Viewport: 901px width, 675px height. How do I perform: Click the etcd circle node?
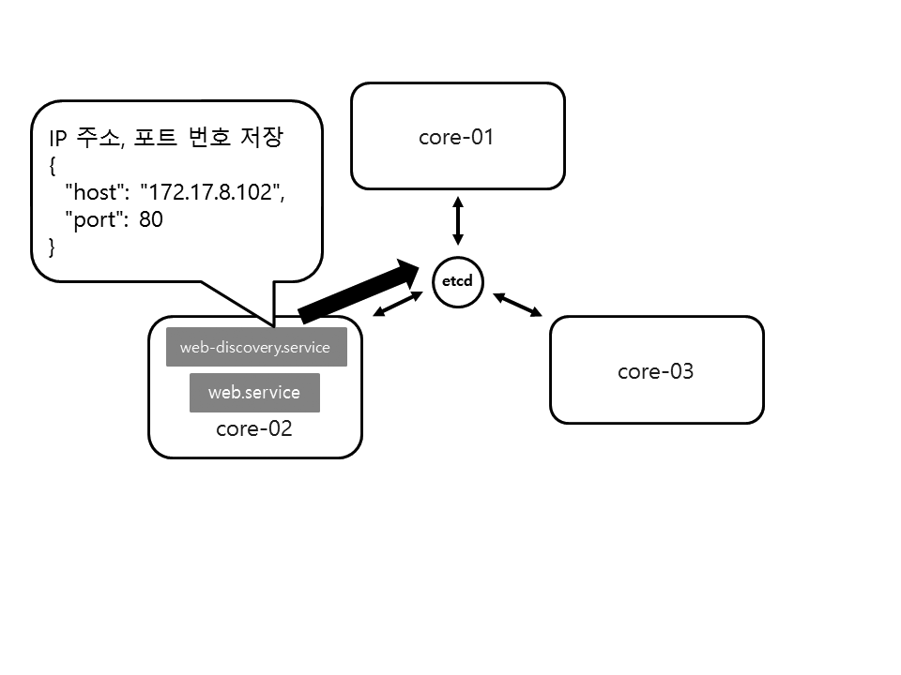[x=458, y=280]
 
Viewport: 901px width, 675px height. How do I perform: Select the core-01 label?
[x=456, y=138]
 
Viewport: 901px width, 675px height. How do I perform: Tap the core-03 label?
[x=655, y=371]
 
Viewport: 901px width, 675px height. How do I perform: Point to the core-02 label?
[x=254, y=429]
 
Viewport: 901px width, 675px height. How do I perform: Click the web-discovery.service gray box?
[x=255, y=347]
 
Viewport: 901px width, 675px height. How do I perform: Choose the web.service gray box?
[x=254, y=392]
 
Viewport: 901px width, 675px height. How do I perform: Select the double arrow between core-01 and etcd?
[x=458, y=221]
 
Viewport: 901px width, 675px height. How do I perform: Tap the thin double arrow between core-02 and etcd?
[x=398, y=304]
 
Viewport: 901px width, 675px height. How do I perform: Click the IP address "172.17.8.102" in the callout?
[x=212, y=193]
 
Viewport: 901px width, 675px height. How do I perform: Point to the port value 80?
[x=151, y=220]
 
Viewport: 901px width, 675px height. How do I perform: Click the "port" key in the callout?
[x=95, y=220]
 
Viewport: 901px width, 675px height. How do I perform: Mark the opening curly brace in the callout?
[x=53, y=167]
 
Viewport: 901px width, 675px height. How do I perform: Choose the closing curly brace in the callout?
[x=53, y=247]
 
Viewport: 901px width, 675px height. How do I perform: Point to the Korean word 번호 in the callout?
[x=210, y=139]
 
